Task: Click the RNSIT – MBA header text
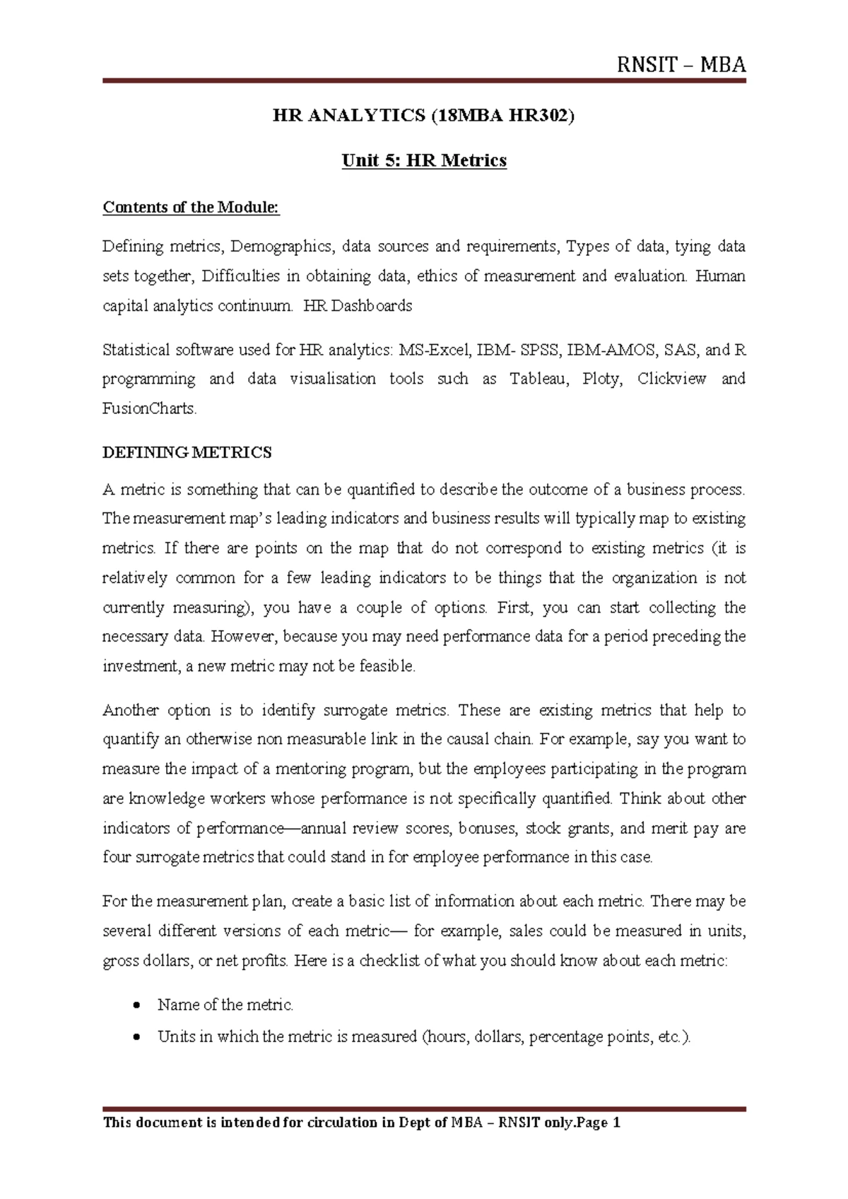[681, 66]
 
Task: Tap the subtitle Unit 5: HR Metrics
[424, 161]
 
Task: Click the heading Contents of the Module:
[191, 207]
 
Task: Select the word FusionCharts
[148, 408]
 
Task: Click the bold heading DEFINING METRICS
[187, 453]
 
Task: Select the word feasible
[388, 666]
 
